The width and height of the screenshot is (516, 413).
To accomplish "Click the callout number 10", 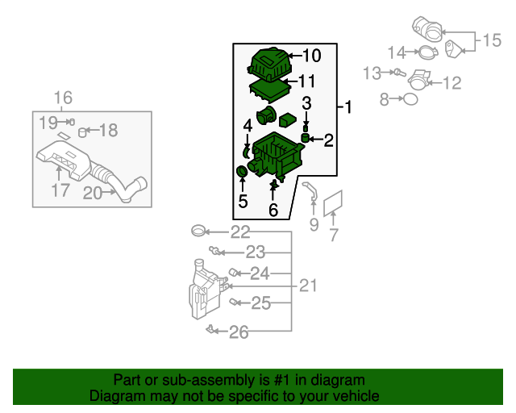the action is click(x=311, y=56).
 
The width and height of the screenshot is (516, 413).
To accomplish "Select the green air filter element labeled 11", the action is click(x=270, y=90).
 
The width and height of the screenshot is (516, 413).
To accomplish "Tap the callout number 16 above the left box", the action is click(x=63, y=98).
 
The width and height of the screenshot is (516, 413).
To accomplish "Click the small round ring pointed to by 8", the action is click(x=410, y=98).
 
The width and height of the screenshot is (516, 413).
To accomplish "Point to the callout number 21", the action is click(x=308, y=286).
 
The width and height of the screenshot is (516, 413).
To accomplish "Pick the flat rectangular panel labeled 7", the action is click(x=333, y=203).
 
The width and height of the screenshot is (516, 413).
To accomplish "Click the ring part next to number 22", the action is click(x=198, y=231).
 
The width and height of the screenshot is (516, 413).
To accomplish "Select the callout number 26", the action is click(x=239, y=332).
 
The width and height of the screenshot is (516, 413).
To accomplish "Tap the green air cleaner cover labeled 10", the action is click(x=269, y=65).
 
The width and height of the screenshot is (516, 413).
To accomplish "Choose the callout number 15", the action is click(x=492, y=40).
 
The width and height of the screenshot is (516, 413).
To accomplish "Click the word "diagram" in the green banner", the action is click(x=338, y=380).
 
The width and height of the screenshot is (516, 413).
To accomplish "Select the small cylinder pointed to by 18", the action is click(x=82, y=132).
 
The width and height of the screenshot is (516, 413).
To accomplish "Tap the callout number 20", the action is click(x=93, y=193).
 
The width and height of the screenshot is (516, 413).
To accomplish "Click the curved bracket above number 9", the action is click(x=311, y=190).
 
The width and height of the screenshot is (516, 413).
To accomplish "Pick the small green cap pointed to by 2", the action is click(x=306, y=138).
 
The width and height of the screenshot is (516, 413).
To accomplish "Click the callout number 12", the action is click(x=452, y=83).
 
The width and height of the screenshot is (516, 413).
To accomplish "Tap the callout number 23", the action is click(x=256, y=252).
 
